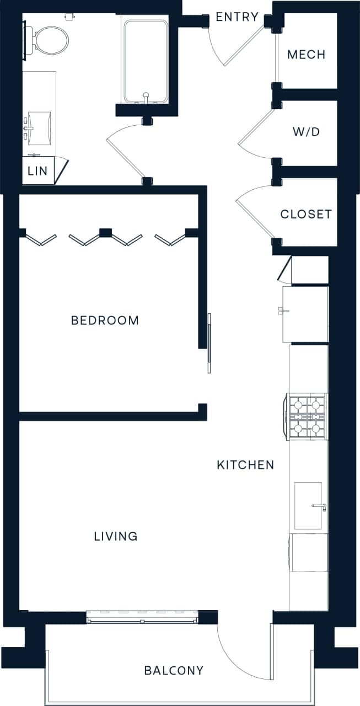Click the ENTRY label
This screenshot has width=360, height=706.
click(237, 17)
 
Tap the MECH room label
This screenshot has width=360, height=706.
click(307, 55)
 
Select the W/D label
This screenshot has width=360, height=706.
click(307, 132)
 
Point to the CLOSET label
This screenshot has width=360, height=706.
click(306, 214)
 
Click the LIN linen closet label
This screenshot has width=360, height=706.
click(38, 171)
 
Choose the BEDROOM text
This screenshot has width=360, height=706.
click(105, 320)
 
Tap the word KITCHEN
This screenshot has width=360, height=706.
click(245, 465)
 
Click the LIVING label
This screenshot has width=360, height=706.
click(115, 536)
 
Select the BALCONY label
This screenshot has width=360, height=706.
click(174, 671)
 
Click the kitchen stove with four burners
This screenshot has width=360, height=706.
click(307, 416)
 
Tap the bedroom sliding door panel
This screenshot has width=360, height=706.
click(209, 342)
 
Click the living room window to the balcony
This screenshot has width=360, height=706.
click(142, 617)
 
